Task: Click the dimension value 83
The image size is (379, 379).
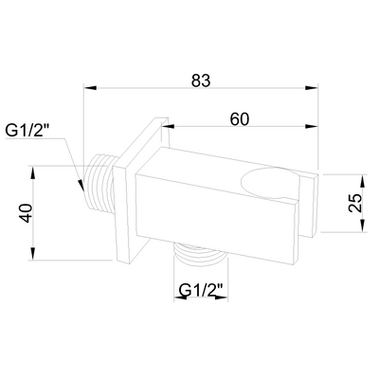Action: click(201, 81)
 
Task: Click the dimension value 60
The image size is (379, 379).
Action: click(239, 119)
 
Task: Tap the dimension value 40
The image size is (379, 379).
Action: click(26, 213)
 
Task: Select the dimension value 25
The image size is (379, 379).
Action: click(355, 203)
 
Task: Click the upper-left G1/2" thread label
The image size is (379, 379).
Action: click(27, 131)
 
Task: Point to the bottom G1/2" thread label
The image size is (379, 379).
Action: click(201, 290)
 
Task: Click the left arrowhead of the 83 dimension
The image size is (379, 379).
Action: click(89, 88)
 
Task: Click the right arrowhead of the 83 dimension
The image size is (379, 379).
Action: click(311, 88)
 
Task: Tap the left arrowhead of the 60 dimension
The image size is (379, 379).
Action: click(169, 127)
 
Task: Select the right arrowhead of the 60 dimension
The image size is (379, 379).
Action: click(311, 127)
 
